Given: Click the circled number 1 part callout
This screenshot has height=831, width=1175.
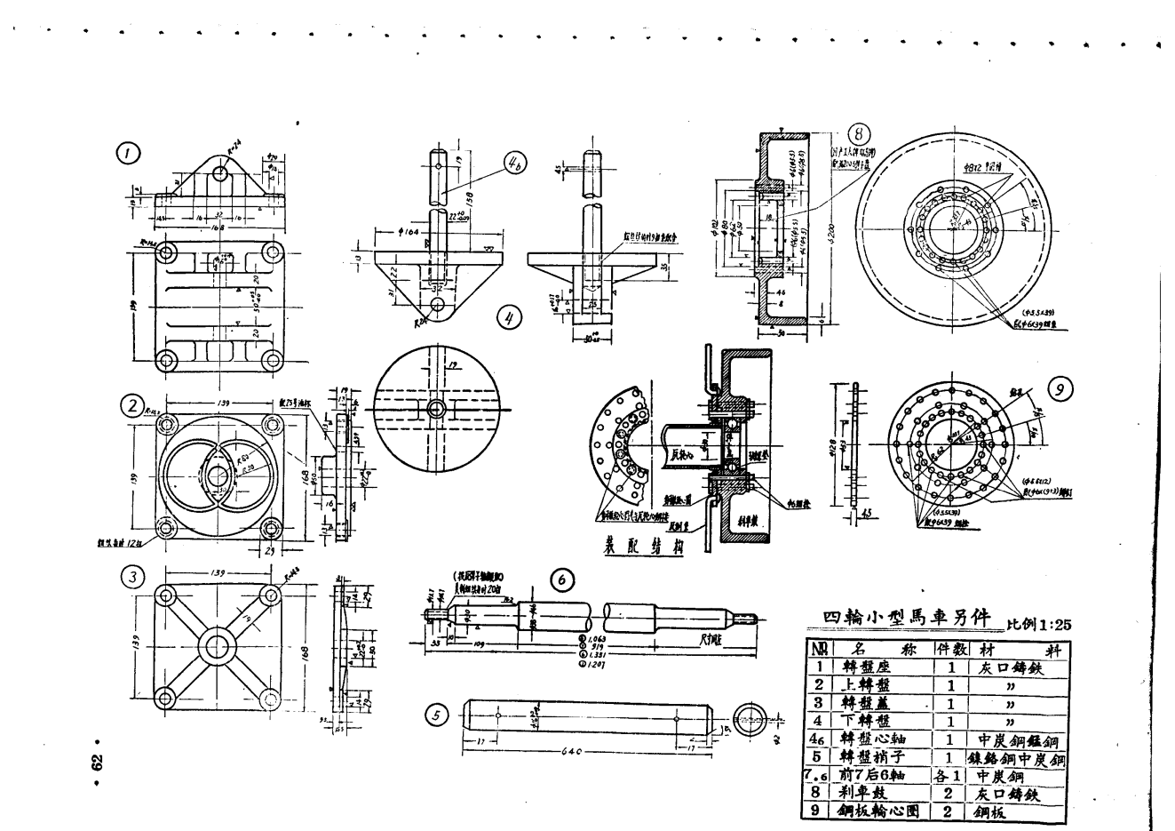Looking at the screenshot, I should click(130, 153).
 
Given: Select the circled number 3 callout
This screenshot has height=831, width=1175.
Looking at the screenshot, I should click(133, 577).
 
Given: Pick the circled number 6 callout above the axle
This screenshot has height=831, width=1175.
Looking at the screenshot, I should click(561, 579).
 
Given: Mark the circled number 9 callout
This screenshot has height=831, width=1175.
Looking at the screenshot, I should click(1060, 389).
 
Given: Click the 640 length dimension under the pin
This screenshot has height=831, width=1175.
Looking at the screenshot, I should click(572, 752).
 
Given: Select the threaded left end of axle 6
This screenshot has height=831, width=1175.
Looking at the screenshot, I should click(431, 612).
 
